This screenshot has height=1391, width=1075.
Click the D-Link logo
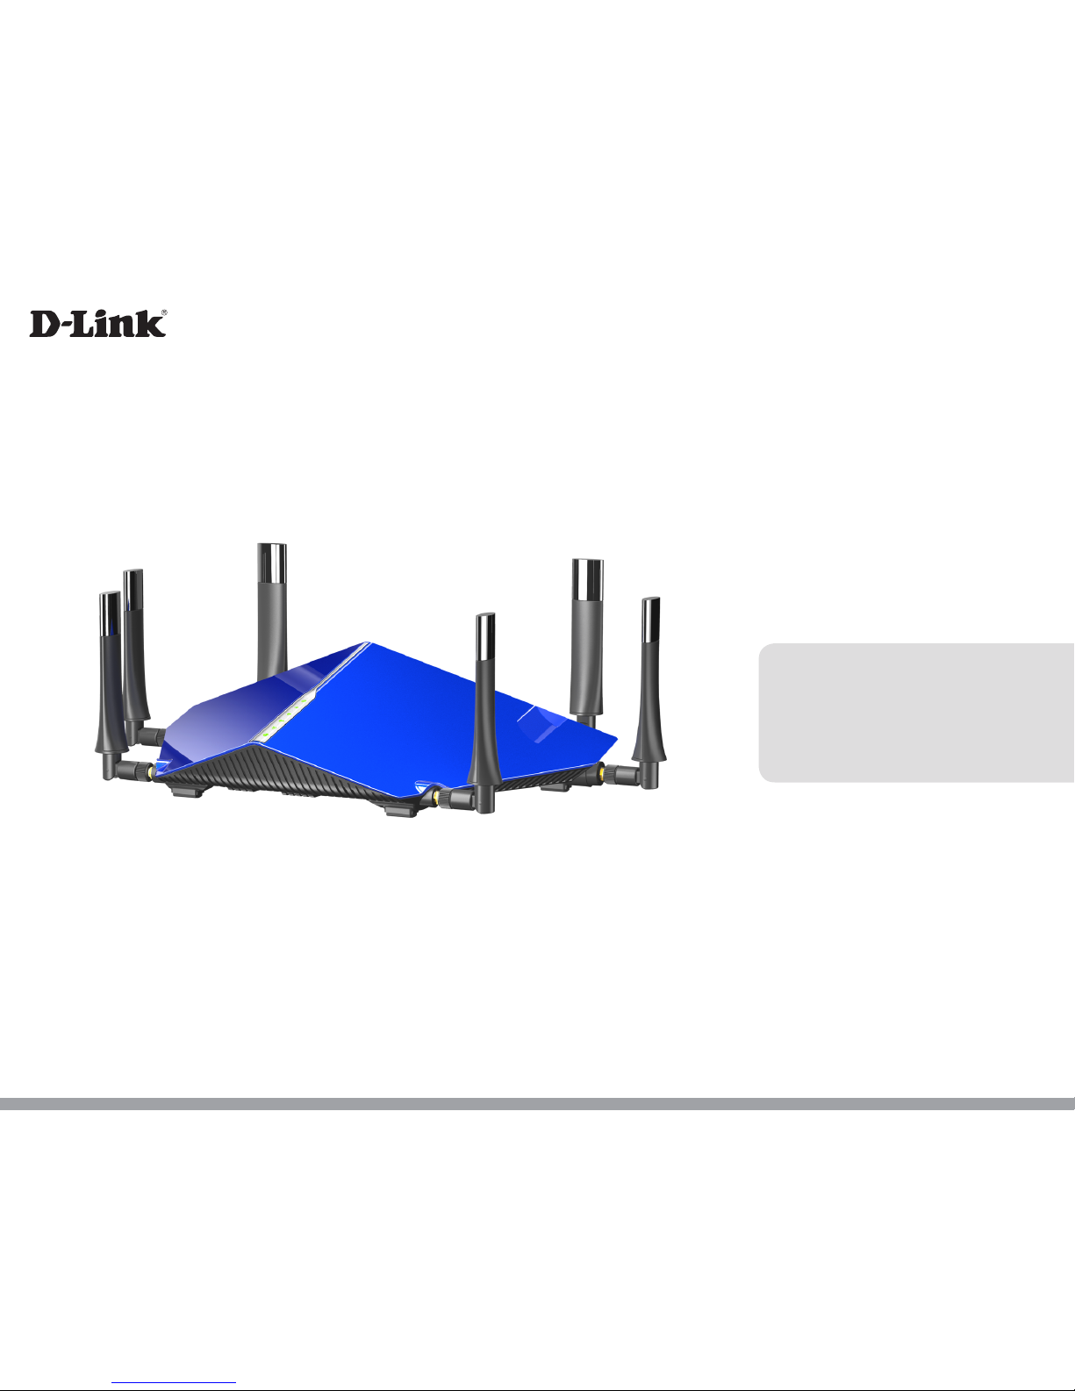pyautogui.click(x=97, y=324)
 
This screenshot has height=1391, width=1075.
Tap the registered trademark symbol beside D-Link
pyautogui.click(x=163, y=312)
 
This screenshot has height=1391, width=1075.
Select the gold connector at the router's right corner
pyautogui.click(x=601, y=772)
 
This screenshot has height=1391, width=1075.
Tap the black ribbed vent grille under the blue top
pyautogui.click(x=290, y=772)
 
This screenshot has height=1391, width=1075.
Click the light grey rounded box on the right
pyautogui.click(x=916, y=712)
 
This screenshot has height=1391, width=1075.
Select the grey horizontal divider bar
pyautogui.click(x=537, y=1103)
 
